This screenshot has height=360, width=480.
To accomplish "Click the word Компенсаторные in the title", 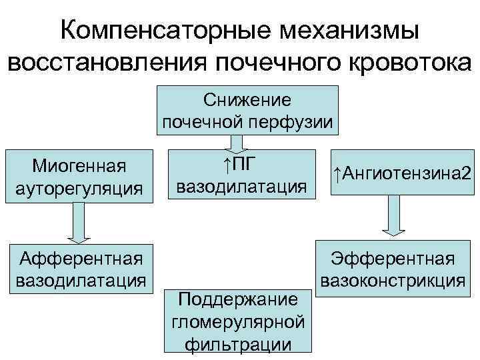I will [x=163, y=31].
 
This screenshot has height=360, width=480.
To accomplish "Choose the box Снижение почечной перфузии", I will [x=247, y=110].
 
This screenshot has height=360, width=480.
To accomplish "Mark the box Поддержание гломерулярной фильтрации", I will [x=237, y=319].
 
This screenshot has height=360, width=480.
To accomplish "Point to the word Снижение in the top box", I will [x=247, y=100].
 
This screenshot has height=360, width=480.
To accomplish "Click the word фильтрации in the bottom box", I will [x=237, y=344].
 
